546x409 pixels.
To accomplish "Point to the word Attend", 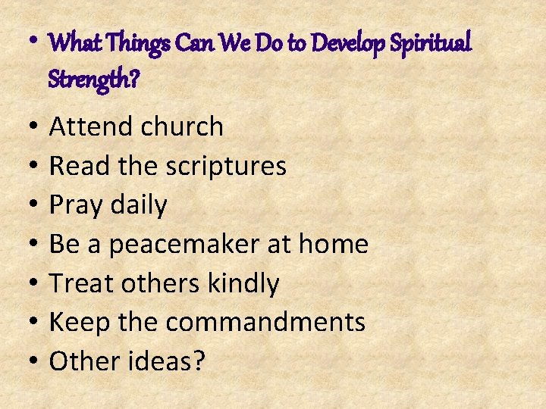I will pos(92,126).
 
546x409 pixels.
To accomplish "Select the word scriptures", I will pos(226,167).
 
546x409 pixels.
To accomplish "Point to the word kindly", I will pos(244,284).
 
